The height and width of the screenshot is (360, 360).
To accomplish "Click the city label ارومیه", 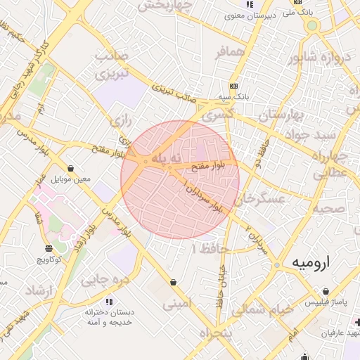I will click(x=310, y=263).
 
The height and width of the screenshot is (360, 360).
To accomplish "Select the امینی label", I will click(x=176, y=304).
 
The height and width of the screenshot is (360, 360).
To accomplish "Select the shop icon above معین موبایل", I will click(x=70, y=168).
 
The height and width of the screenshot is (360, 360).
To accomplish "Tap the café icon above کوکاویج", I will click(x=49, y=248).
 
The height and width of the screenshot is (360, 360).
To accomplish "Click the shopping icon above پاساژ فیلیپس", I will click(x=326, y=291).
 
